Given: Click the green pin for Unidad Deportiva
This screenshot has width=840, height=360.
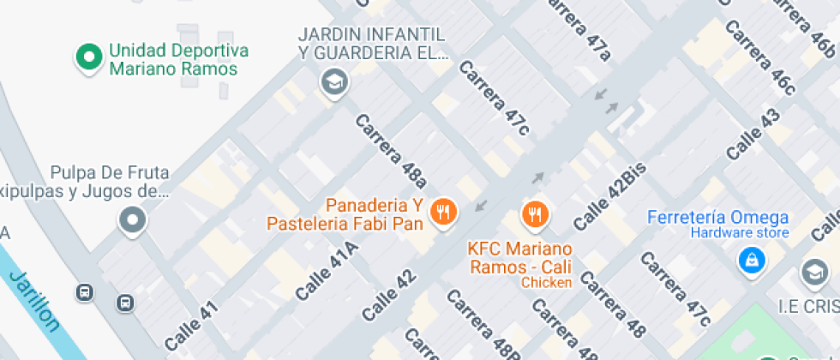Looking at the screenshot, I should [87, 57].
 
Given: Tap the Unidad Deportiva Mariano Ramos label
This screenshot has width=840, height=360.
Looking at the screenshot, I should [178, 60].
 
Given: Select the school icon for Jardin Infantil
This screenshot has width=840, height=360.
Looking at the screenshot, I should [332, 82].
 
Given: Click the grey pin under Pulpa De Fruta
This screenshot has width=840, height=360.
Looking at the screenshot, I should [132, 220].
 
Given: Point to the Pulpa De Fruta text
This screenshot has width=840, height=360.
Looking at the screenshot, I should [109, 172].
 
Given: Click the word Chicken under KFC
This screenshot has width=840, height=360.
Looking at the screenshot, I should [546, 283].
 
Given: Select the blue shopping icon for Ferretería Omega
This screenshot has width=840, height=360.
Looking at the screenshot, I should [751, 259].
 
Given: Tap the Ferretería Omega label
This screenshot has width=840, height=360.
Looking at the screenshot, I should [717, 217].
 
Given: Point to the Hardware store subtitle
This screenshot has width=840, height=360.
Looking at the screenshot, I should [729, 233].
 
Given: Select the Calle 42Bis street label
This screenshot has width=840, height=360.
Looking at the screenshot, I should [609, 195].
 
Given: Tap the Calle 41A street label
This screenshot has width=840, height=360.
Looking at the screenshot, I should [327, 271].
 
